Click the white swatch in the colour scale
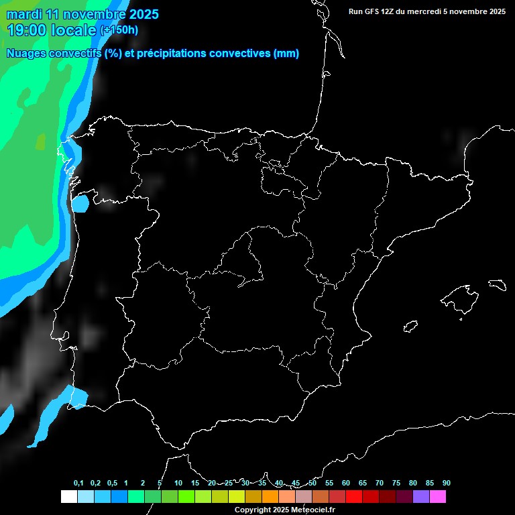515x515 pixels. [x=68, y=496]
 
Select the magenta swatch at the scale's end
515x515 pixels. [x=437, y=496]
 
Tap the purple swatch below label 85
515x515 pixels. [x=420, y=496]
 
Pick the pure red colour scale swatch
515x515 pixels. [x=353, y=496]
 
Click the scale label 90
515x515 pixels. [x=446, y=483]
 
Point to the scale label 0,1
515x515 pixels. [x=78, y=483]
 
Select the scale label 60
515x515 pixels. [x=345, y=483]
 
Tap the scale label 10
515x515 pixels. [x=178, y=483]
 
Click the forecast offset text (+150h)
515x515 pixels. [x=119, y=30]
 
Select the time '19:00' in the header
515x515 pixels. [x=27, y=30]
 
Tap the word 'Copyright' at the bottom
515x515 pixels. [x=252, y=510]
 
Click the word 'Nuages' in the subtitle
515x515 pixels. [x=25, y=54]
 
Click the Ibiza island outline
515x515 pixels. [x=411, y=326]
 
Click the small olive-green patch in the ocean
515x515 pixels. [x=41, y=141]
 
